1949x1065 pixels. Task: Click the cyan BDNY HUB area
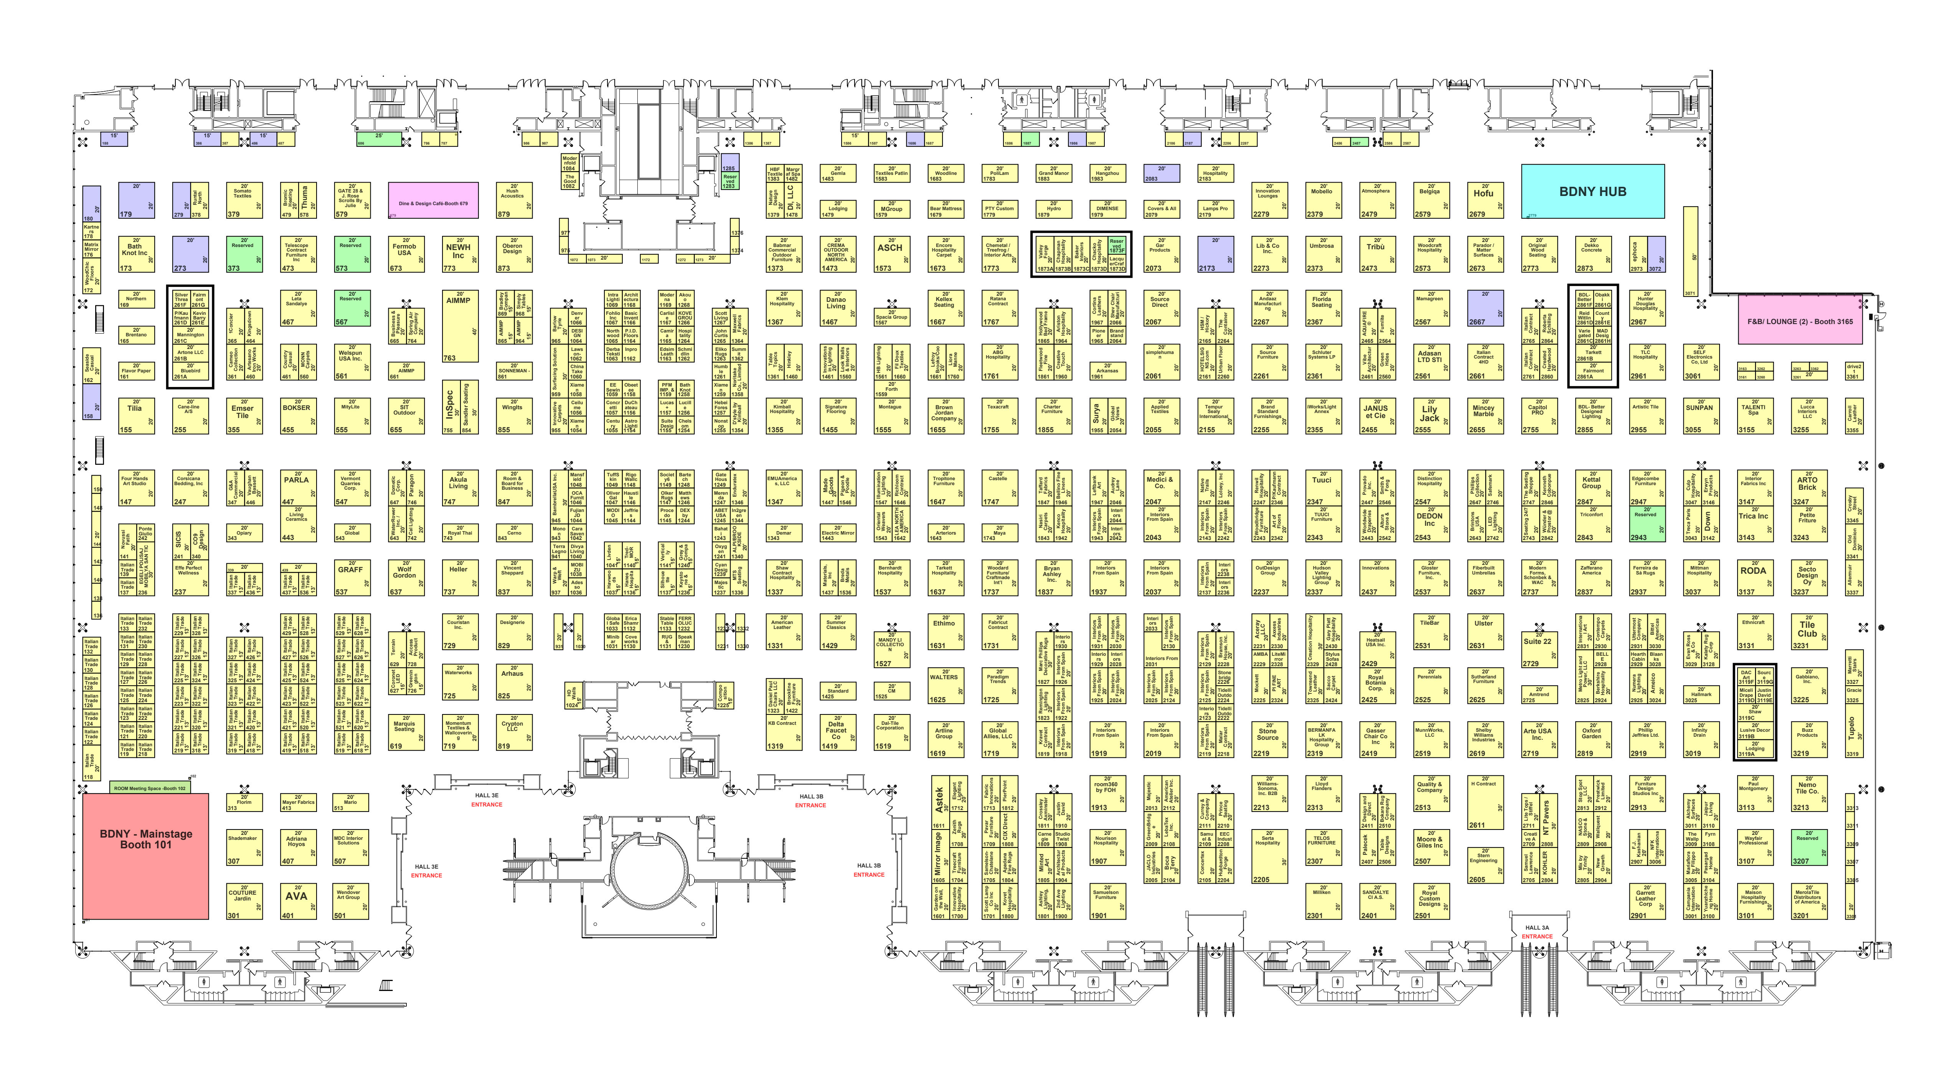[1593, 191]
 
